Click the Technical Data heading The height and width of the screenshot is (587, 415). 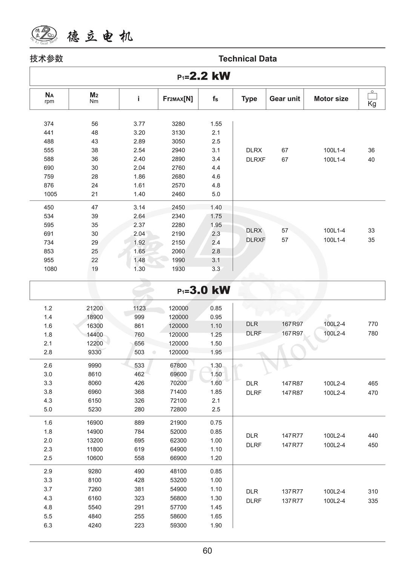coord(247,59)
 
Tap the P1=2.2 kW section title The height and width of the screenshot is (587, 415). coord(204,76)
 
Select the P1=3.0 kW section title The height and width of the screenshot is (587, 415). coord(204,290)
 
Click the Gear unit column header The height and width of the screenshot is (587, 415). coord(284,99)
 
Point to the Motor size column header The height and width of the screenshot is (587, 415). coord(331,99)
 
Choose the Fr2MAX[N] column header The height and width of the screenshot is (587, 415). coord(178,99)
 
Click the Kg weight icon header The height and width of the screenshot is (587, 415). coord(372,99)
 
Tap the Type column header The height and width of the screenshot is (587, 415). coord(249,99)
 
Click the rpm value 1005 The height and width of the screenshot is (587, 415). coord(50,194)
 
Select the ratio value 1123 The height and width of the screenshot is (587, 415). coord(139,308)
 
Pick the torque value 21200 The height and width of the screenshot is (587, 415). coord(94,308)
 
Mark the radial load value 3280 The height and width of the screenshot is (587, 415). coord(178,124)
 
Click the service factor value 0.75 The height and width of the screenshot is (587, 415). coord(216,423)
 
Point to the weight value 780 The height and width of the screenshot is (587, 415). coord(373,333)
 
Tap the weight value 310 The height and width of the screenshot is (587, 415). coord(373,491)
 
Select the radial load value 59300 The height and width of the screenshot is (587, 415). coord(178,525)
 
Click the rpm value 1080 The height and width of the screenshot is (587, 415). coord(50,269)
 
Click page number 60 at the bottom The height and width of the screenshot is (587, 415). coord(207,551)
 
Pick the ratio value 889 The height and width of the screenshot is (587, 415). coord(139,423)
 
